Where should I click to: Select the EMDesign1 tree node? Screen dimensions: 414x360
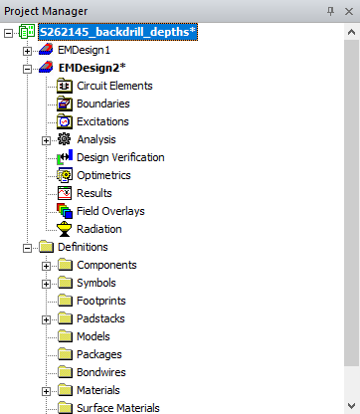[84, 50]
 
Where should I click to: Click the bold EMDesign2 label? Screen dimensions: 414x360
[92, 68]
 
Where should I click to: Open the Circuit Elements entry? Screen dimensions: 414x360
[114, 86]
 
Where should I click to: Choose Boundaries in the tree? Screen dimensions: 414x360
[103, 103]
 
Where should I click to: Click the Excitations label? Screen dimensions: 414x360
[103, 121]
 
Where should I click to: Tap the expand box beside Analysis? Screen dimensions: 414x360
[46, 139]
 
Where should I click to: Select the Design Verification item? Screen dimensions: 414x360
[120, 157]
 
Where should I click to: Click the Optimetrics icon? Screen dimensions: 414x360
[66, 175]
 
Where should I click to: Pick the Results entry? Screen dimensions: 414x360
[94, 193]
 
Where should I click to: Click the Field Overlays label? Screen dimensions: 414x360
[110, 211]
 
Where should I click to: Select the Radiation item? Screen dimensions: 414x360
[99, 229]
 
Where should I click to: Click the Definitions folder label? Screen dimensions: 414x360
[83, 247]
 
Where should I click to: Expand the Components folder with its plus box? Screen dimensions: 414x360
[46, 265]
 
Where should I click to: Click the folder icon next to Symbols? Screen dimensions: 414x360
[66, 283]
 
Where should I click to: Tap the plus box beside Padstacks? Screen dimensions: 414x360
[46, 318]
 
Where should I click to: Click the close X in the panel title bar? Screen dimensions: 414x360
[347, 9]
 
